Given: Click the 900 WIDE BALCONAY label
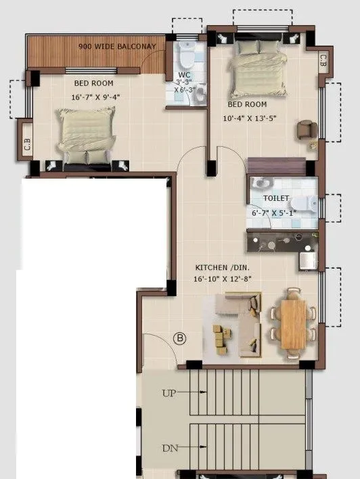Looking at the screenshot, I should pyautogui.click(x=117, y=47).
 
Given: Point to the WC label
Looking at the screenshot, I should pyautogui.click(x=185, y=74).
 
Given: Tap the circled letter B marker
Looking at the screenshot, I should pyautogui.click(x=180, y=338).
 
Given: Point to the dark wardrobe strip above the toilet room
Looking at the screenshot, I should pyautogui.click(x=276, y=166).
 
